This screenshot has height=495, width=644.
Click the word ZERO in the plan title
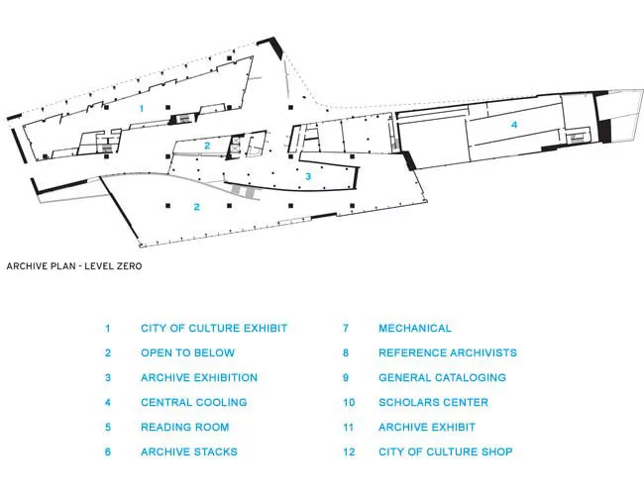130,266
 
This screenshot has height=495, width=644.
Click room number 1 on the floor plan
142,108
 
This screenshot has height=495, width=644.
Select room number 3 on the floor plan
308,176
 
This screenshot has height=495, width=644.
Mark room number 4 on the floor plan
514,125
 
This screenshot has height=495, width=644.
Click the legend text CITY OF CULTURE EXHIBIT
214,329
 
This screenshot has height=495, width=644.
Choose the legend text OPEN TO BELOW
187,353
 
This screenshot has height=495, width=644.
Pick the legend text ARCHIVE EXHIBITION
199,377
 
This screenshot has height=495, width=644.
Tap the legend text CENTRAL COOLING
194,402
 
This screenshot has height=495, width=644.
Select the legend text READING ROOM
185,428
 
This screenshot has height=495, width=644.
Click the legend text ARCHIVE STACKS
189,451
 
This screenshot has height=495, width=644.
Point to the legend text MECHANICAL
415,329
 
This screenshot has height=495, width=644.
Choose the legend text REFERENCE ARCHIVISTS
448,353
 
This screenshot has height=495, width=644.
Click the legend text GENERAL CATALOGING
442,377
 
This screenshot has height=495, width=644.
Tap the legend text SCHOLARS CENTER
433,402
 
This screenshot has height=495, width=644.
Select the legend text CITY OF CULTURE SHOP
446,451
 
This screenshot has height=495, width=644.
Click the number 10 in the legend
349,402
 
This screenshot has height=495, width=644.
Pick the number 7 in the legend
346,329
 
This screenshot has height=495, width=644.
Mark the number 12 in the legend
349,451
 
